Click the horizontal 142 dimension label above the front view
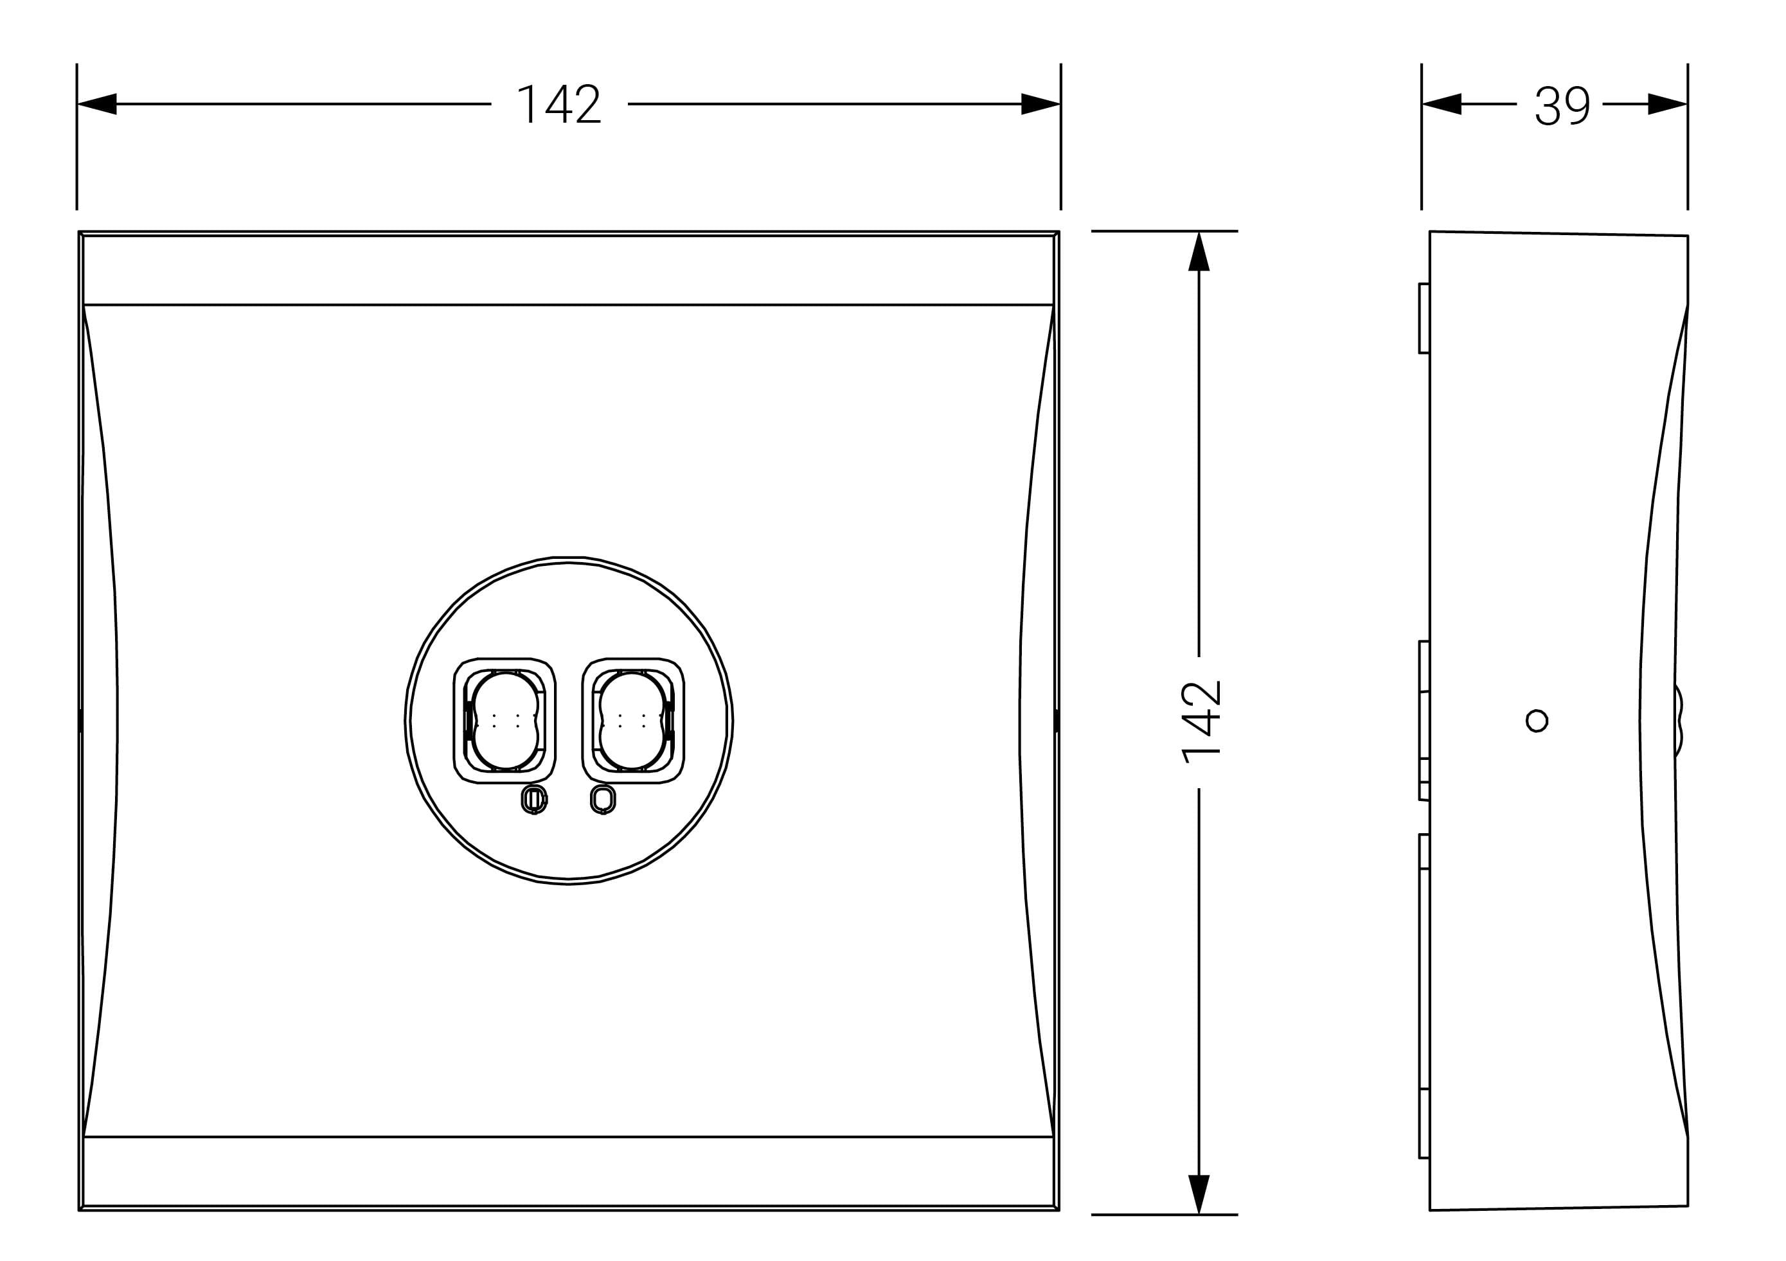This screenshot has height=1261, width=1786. click(559, 103)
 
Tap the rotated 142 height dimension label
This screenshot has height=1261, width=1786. click(1201, 721)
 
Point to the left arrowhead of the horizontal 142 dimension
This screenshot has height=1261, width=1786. click(97, 103)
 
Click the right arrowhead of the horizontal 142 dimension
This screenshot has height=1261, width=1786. click(1040, 103)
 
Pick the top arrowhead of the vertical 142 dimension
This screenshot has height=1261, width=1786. click(1199, 251)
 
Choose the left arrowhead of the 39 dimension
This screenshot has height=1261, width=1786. click(1442, 103)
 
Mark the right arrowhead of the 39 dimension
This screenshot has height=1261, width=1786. click(1668, 103)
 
